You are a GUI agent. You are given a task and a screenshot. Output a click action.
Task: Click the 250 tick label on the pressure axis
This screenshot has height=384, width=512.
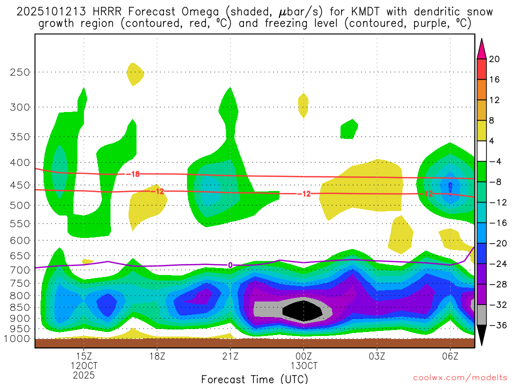20,72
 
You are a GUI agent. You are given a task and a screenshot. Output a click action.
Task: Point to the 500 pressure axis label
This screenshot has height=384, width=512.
20,205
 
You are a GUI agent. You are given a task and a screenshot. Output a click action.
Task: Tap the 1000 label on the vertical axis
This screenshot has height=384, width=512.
17,338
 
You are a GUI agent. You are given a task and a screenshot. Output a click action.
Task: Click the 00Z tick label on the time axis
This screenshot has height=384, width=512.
303,356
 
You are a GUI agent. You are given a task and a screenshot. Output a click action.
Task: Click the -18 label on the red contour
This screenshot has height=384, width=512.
132,174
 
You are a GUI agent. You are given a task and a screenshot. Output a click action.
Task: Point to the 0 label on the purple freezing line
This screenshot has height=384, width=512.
230,265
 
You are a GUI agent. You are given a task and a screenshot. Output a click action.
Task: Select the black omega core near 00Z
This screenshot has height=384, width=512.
302,311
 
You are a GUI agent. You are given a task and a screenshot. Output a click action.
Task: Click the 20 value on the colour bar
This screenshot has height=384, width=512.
494,59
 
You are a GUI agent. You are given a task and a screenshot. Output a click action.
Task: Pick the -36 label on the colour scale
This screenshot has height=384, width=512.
496,325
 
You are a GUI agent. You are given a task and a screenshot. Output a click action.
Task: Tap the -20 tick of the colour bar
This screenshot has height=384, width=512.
496,243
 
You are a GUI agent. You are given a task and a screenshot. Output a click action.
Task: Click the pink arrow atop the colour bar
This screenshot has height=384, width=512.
482,48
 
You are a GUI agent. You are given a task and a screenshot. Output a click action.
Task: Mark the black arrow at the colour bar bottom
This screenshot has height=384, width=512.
482,335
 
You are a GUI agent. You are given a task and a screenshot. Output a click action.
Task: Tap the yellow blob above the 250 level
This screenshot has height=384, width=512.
134,74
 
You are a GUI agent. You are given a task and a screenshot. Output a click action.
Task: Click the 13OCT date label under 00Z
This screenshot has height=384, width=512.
303,365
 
